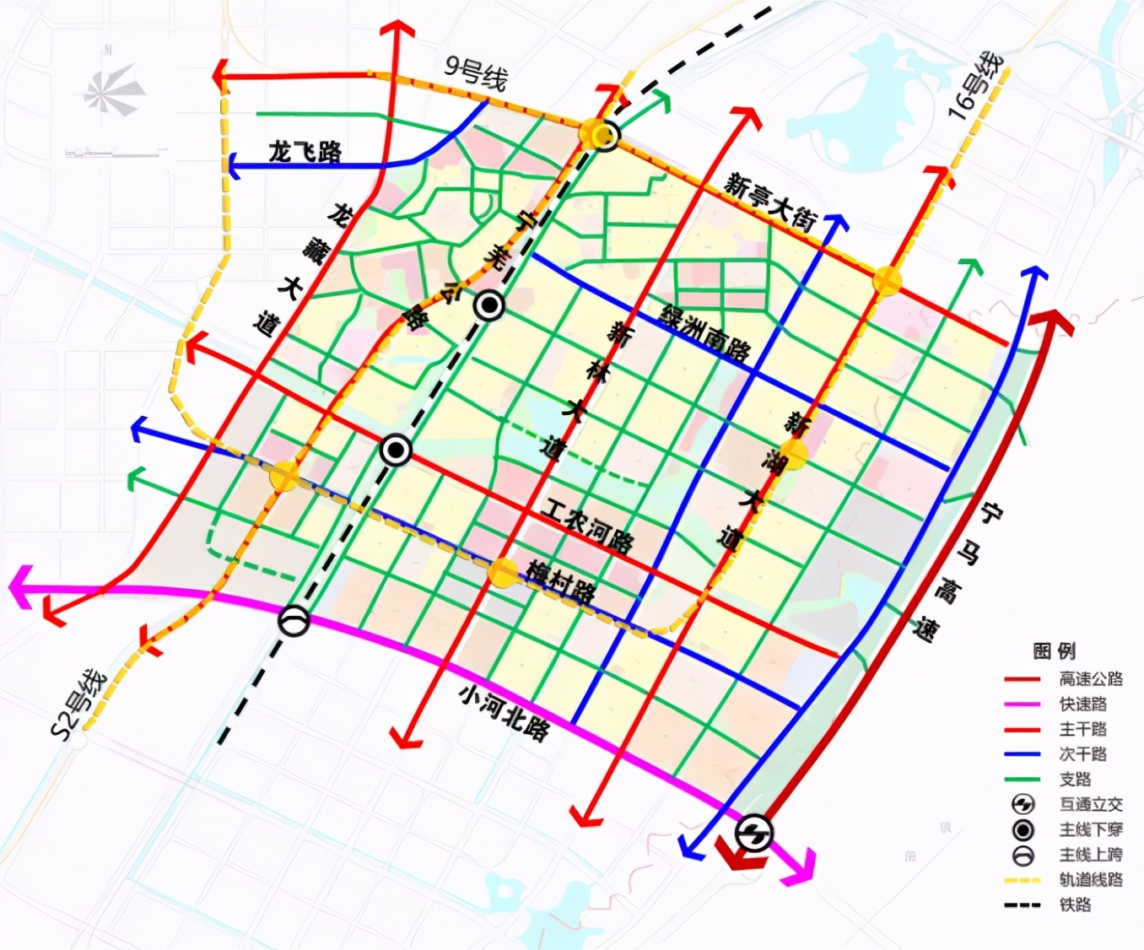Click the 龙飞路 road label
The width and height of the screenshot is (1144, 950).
pos(305,152)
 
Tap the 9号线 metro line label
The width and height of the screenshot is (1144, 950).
pos(475,73)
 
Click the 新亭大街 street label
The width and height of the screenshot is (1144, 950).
pos(770,203)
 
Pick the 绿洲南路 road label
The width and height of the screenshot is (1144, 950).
pos(705,332)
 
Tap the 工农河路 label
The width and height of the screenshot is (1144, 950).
pos(587,526)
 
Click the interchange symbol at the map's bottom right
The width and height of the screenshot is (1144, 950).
pos(753,834)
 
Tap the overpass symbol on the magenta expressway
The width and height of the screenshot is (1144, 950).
pos(294,622)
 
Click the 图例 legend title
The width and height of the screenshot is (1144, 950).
pos(1054,650)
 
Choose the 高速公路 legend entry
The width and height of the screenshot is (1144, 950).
pos(1090,679)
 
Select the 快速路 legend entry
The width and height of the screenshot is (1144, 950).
pos(1082,704)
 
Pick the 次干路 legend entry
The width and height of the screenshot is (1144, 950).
pos(1082,753)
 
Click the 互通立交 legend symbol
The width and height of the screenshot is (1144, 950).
pos(1023,804)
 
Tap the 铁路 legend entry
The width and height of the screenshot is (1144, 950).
pos(1075,904)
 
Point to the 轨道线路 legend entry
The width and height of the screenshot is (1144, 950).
pos(1090,879)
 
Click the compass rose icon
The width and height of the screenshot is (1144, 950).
pos(114,90)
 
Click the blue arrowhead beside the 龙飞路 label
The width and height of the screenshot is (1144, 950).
pos(235,165)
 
